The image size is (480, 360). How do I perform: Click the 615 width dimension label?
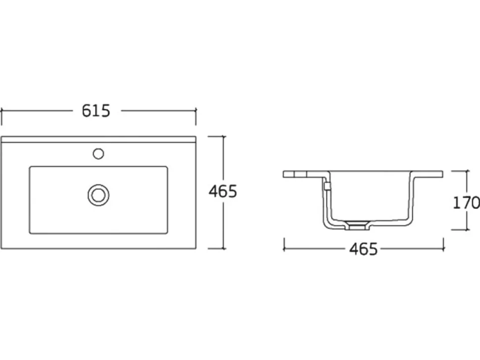[x=96, y=111]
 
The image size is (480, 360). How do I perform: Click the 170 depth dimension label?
[x=466, y=203]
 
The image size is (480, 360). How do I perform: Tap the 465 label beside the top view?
[x=223, y=191]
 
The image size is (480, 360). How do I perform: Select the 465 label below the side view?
[x=364, y=249]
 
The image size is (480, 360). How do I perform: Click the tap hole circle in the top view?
[x=98, y=153]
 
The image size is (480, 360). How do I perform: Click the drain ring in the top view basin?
[x=98, y=195]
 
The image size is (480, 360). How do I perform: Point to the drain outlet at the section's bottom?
[x=358, y=225]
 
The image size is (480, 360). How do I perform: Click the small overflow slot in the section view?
[x=327, y=186]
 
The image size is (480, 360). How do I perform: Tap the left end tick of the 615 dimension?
[x=1, y=116]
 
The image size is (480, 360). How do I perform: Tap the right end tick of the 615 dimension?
[x=196, y=116]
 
